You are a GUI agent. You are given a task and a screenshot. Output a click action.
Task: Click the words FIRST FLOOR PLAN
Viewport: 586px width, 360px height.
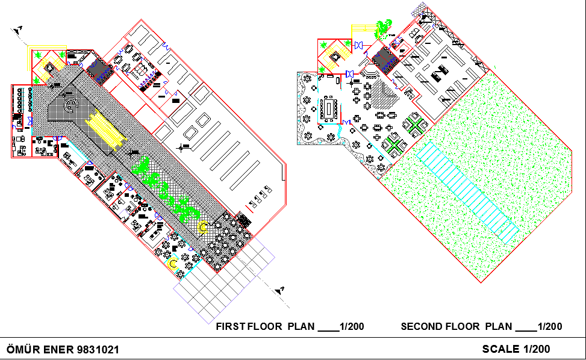(x=266, y=327)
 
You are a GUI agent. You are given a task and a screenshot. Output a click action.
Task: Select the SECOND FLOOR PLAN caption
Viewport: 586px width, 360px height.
(x=457, y=327)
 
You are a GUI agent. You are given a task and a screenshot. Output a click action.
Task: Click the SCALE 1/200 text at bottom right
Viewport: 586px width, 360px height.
(x=516, y=349)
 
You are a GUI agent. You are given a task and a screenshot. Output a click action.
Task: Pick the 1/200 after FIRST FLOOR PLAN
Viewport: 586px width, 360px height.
(x=352, y=327)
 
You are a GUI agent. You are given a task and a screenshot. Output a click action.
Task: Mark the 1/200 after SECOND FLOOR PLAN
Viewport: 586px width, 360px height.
(x=550, y=327)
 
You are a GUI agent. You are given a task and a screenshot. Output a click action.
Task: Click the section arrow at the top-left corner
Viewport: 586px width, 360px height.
(x=19, y=29)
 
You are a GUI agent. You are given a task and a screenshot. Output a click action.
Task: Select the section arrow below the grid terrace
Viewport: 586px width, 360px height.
(x=279, y=290)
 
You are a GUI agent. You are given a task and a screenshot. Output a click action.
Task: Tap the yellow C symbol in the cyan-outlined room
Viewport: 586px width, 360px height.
(x=173, y=264)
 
